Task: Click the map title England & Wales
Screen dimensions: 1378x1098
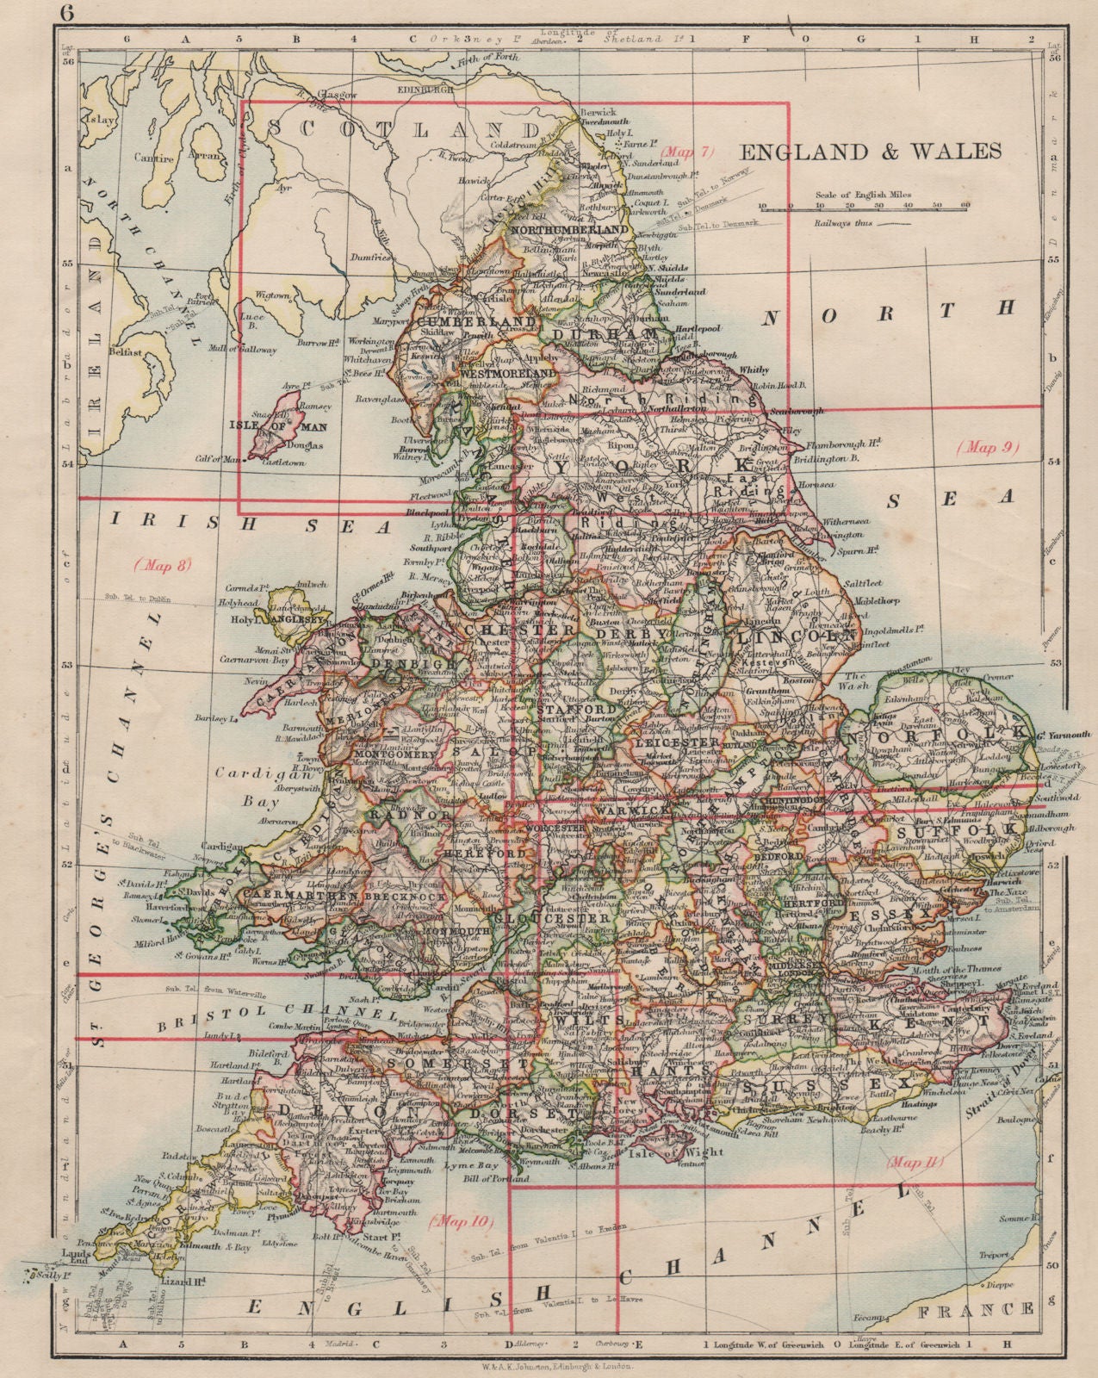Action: [x=871, y=152]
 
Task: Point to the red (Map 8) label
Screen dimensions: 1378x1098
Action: [x=162, y=565]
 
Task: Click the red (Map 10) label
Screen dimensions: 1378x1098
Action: [x=462, y=1220]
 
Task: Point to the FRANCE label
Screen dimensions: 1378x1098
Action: [x=999, y=1310]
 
